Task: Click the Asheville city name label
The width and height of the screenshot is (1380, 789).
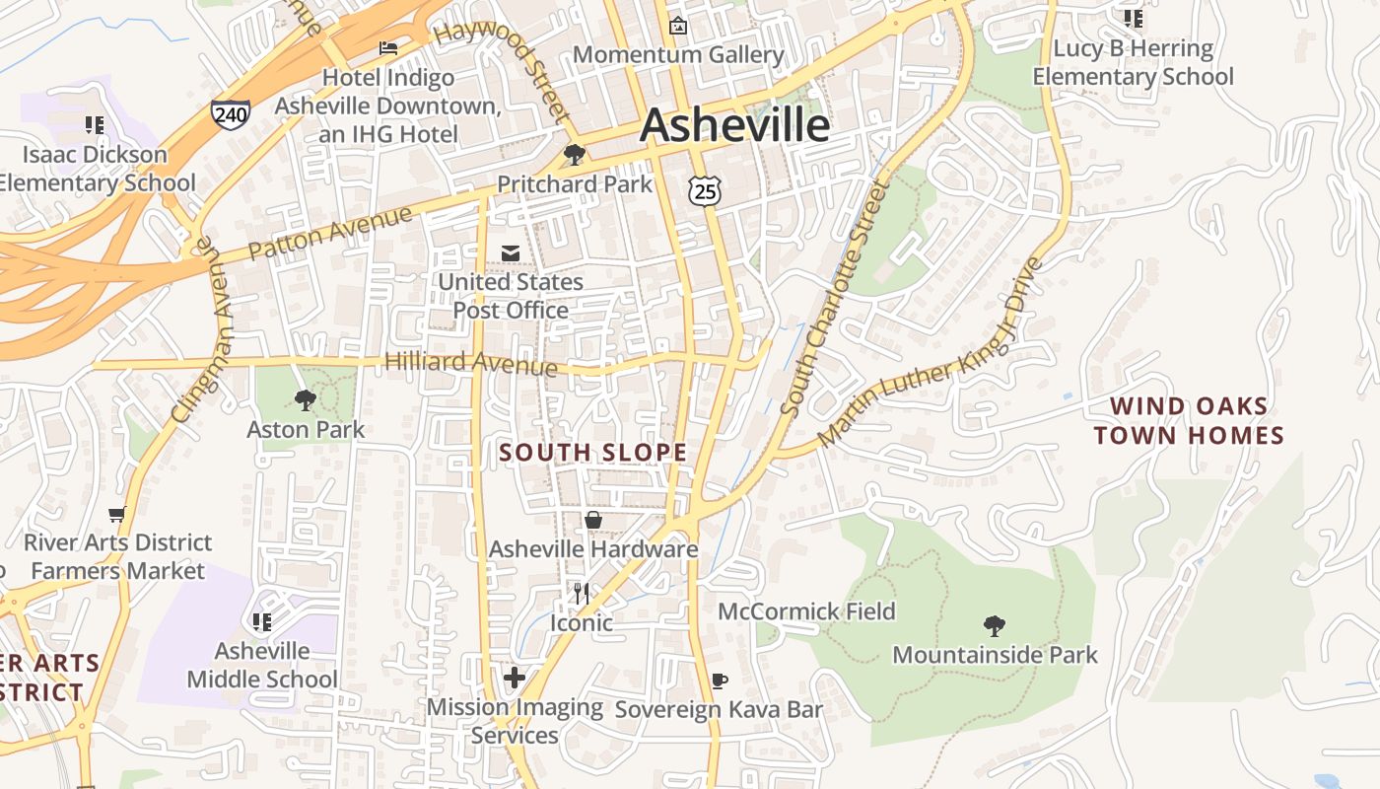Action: point(734,125)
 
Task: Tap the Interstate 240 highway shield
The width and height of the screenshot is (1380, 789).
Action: point(230,113)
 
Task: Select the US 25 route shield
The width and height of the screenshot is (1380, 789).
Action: point(705,190)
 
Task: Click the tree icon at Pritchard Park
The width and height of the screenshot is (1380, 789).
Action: point(574,155)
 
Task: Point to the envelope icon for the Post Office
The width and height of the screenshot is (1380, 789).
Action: point(511,253)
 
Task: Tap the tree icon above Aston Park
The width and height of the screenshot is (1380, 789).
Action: point(306,399)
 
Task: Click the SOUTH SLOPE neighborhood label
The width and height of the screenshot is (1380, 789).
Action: point(592,453)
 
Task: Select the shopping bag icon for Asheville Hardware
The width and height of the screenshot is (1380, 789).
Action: point(593,520)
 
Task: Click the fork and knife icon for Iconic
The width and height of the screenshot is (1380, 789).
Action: point(582,593)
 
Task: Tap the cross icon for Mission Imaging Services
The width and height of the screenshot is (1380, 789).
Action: point(515,678)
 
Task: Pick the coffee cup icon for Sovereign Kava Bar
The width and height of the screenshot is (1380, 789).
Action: point(720,681)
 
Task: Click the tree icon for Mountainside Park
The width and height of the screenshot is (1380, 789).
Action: point(995,625)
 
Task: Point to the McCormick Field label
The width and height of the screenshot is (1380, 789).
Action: point(806,611)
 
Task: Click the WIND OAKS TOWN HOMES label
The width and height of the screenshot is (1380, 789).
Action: point(1189,421)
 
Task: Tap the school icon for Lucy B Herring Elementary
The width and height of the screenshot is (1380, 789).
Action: point(1134,18)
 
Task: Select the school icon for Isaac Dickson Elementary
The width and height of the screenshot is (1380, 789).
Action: point(95,124)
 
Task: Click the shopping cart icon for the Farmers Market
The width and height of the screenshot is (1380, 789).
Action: point(117,514)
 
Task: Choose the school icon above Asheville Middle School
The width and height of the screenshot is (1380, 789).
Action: point(262,621)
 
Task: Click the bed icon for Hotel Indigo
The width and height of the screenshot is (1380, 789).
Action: point(388,47)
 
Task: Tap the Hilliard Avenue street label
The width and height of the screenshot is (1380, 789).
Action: point(470,363)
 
